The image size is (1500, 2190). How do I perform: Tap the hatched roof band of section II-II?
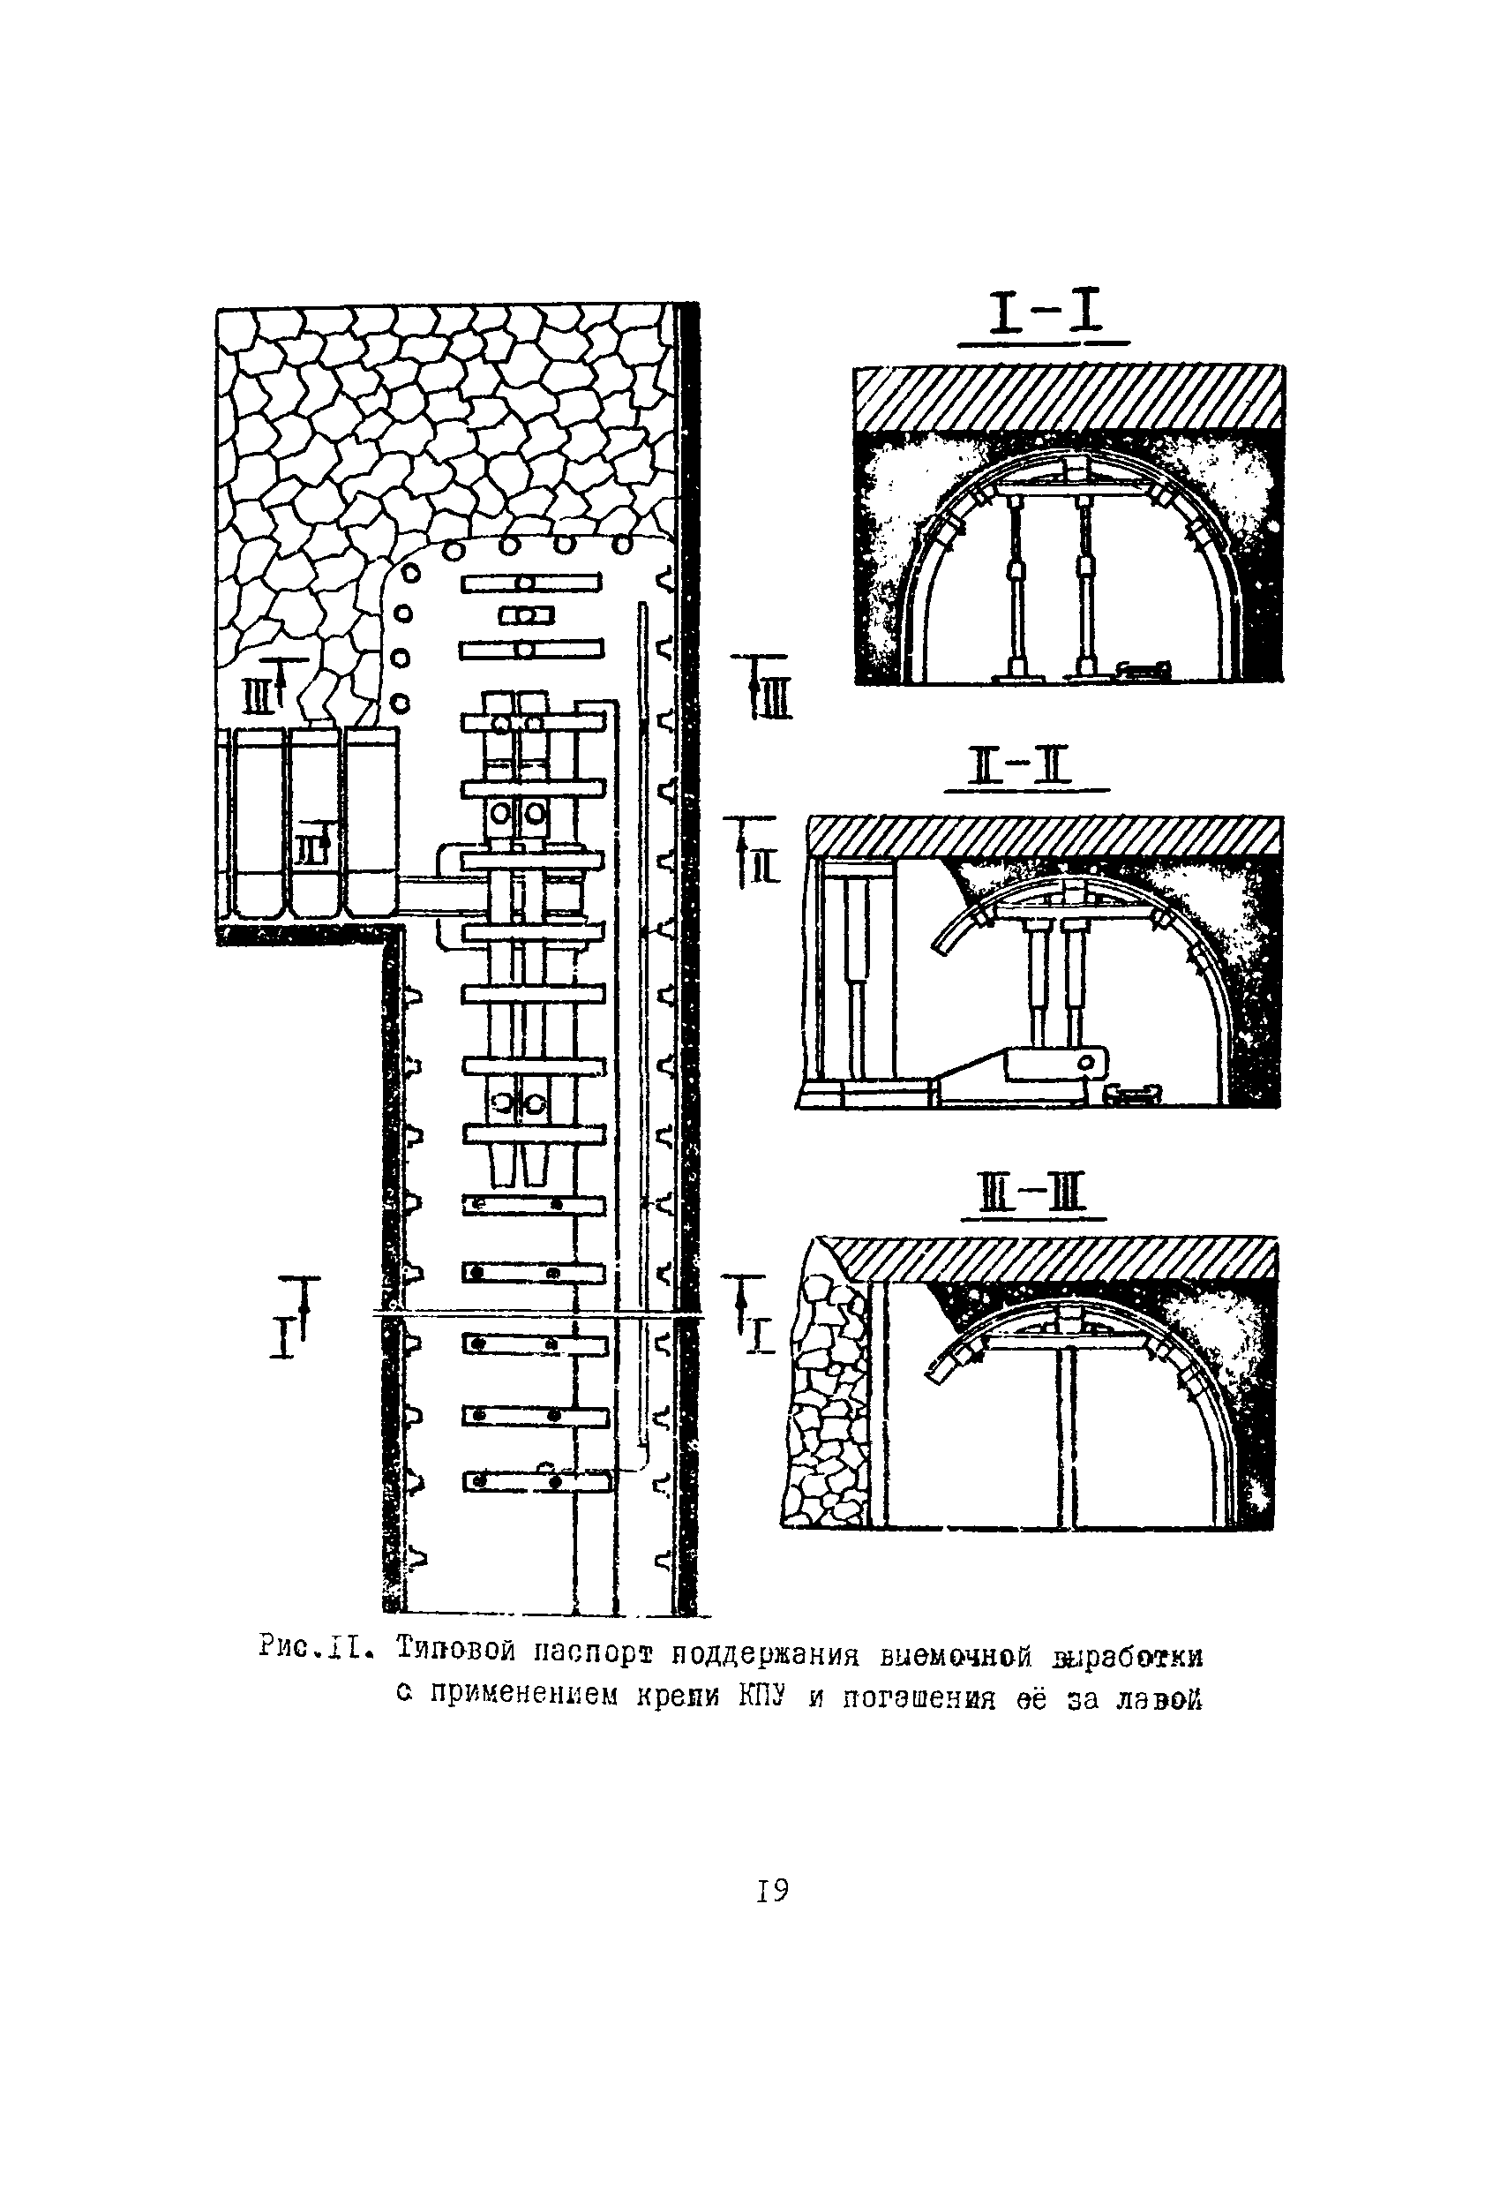click(x=1046, y=835)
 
